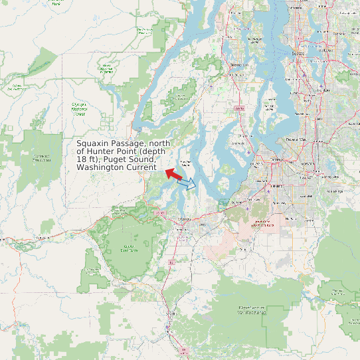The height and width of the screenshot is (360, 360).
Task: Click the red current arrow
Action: pyautogui.click(x=174, y=174)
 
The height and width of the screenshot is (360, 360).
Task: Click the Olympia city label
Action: pyautogui.click(x=185, y=218)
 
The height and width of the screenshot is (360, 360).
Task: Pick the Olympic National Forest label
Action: pyautogui.click(x=80, y=109)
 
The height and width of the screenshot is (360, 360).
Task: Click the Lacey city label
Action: pyautogui.click(x=202, y=225)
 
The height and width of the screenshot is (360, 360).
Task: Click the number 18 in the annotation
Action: pyautogui.click(x=81, y=159)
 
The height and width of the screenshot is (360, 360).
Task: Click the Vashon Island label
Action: pyautogui.click(x=270, y=106)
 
